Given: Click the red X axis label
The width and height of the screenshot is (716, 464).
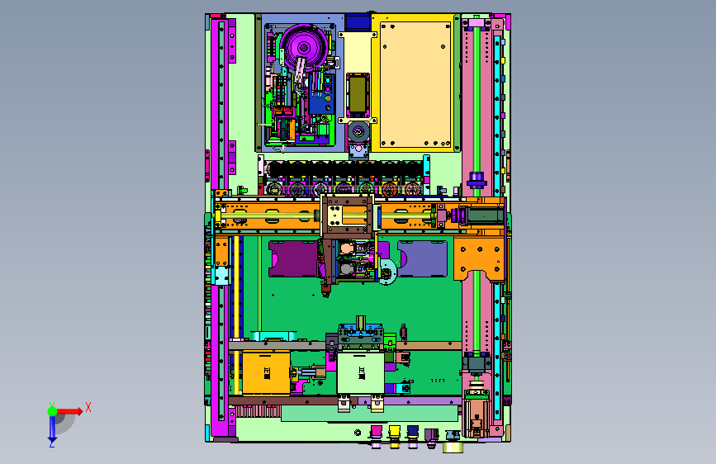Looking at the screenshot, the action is [x=88, y=407].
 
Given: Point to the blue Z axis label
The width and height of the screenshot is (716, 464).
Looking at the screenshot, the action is [x=52, y=443].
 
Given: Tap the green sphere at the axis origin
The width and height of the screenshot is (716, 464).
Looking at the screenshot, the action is [x=53, y=411].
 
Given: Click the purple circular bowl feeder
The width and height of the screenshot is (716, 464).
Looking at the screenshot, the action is [x=304, y=47].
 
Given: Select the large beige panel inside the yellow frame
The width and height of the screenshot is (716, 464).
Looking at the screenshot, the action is [x=415, y=84].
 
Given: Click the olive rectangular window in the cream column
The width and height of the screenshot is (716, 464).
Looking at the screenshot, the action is [x=358, y=95].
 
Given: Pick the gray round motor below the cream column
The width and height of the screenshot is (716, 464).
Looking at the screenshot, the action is [x=358, y=132].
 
